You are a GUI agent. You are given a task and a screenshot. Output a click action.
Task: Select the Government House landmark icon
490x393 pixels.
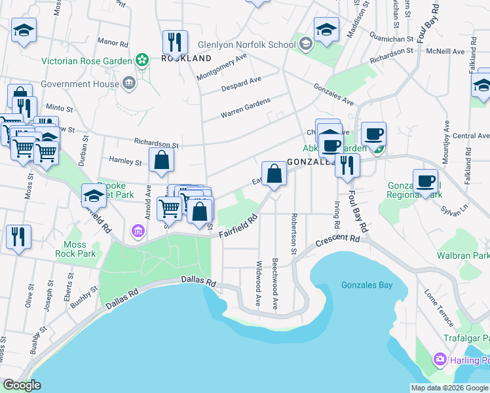coord(128,83)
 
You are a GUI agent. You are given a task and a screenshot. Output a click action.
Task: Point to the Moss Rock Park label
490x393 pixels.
coord(75,249)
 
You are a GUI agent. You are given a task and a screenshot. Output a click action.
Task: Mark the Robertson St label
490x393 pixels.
coord(295,234)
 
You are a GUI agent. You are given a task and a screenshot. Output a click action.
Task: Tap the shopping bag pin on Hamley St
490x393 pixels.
coord(161,159)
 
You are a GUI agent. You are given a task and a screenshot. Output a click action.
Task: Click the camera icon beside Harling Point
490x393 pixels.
coord(440,360)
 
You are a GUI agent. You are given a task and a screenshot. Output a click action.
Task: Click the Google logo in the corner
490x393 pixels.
coord(22,385)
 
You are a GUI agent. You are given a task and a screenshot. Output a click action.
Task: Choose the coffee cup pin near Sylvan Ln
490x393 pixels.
coord(425,180)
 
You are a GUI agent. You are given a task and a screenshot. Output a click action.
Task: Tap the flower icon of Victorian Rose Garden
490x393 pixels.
coord(141,61)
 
